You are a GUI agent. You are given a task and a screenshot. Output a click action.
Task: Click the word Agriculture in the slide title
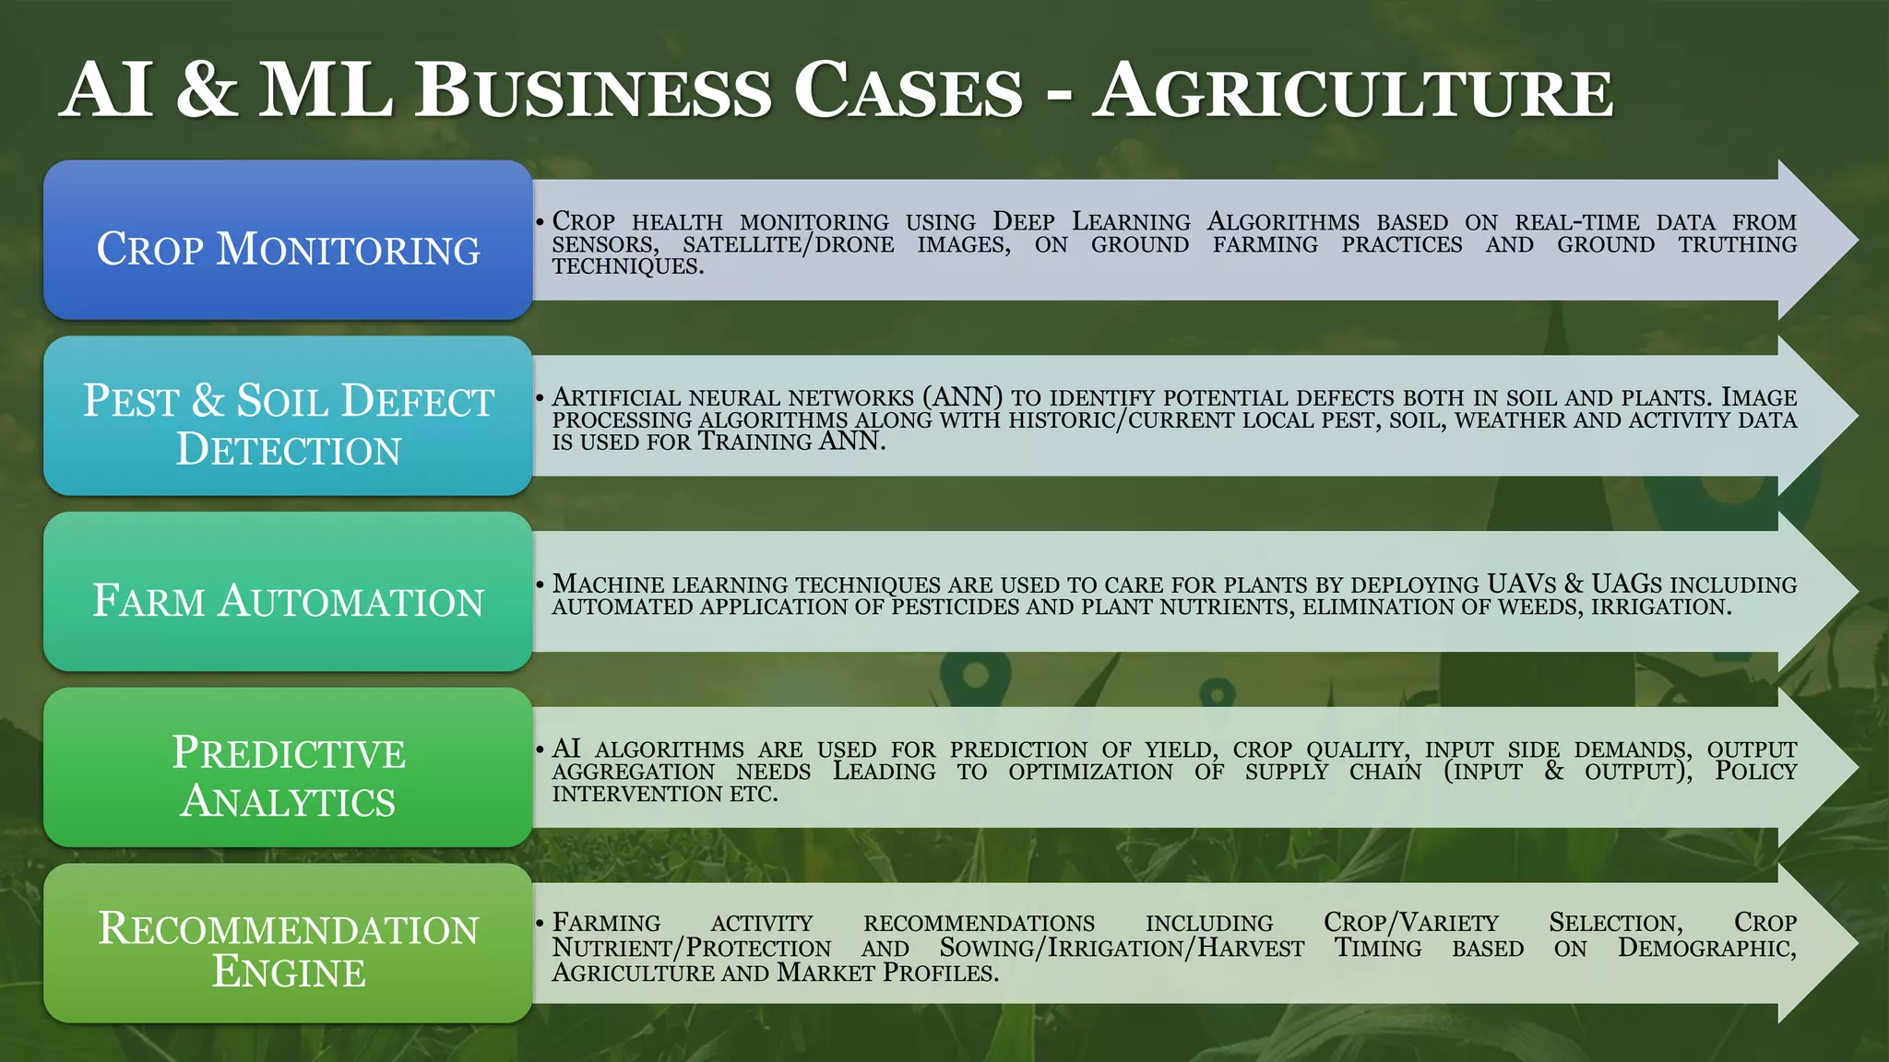pos(1353,92)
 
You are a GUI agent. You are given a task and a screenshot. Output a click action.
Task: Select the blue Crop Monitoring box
pos(288,241)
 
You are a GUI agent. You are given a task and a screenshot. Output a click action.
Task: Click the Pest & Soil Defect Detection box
pos(288,416)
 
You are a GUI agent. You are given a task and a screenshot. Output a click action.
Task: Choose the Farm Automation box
pos(288,592)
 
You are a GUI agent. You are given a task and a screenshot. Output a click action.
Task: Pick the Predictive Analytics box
pos(288,767)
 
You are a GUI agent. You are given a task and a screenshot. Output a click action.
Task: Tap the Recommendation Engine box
pos(288,943)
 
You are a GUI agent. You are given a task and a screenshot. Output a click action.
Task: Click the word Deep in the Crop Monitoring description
pos(1023,222)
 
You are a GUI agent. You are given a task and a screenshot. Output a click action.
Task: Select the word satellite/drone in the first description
pos(788,244)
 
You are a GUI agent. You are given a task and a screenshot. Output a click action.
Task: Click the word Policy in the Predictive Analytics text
pos(1755,772)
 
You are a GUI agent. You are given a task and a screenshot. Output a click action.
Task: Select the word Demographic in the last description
pos(1706,948)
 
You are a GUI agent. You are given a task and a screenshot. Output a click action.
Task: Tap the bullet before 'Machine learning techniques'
pos(541,584)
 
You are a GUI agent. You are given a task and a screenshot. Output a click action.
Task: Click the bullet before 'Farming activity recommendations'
pos(541,923)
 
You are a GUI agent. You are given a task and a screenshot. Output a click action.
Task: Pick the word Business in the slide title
pos(593,92)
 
